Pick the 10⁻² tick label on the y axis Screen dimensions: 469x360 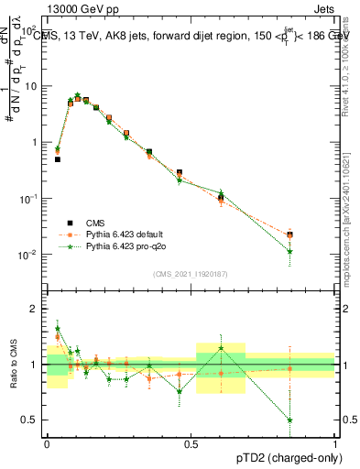click(x=31, y=255)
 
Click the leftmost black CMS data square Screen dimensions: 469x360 click(x=57, y=159)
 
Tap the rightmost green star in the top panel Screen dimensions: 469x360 click(x=290, y=251)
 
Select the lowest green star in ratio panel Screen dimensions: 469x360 click(x=290, y=420)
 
